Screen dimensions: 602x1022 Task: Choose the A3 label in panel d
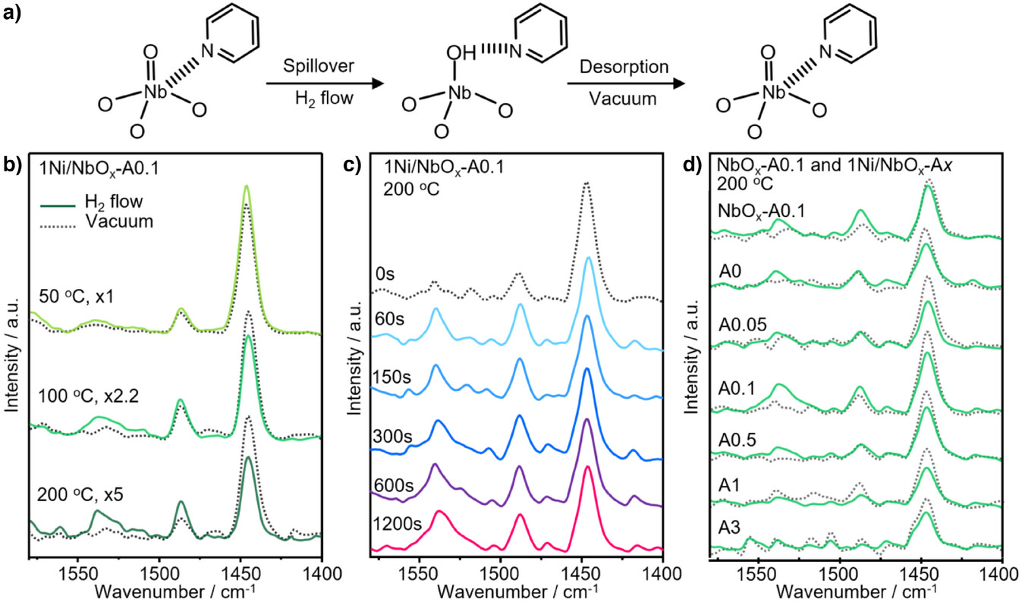[x=729, y=525]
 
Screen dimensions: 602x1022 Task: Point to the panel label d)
[x=694, y=161]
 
